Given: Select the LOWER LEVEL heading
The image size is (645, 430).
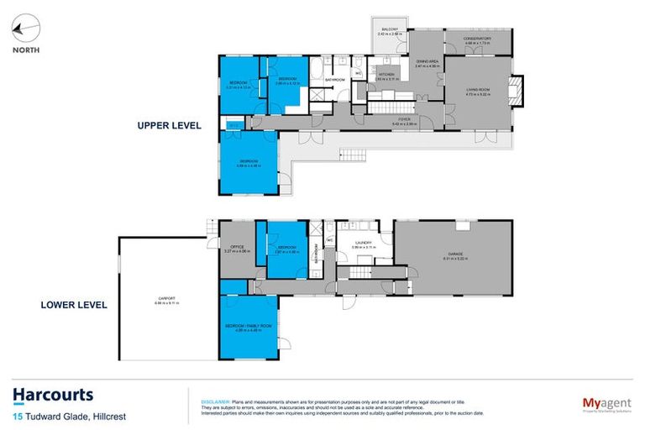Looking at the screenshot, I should coord(74,305).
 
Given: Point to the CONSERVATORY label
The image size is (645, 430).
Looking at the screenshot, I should coord(477,39).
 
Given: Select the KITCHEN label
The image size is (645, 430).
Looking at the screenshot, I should coord(385,75).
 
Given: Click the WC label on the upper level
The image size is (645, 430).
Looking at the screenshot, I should coord(358,73).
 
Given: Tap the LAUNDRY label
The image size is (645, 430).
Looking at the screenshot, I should coord(363,243).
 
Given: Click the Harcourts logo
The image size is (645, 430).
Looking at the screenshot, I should coord(53,395).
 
